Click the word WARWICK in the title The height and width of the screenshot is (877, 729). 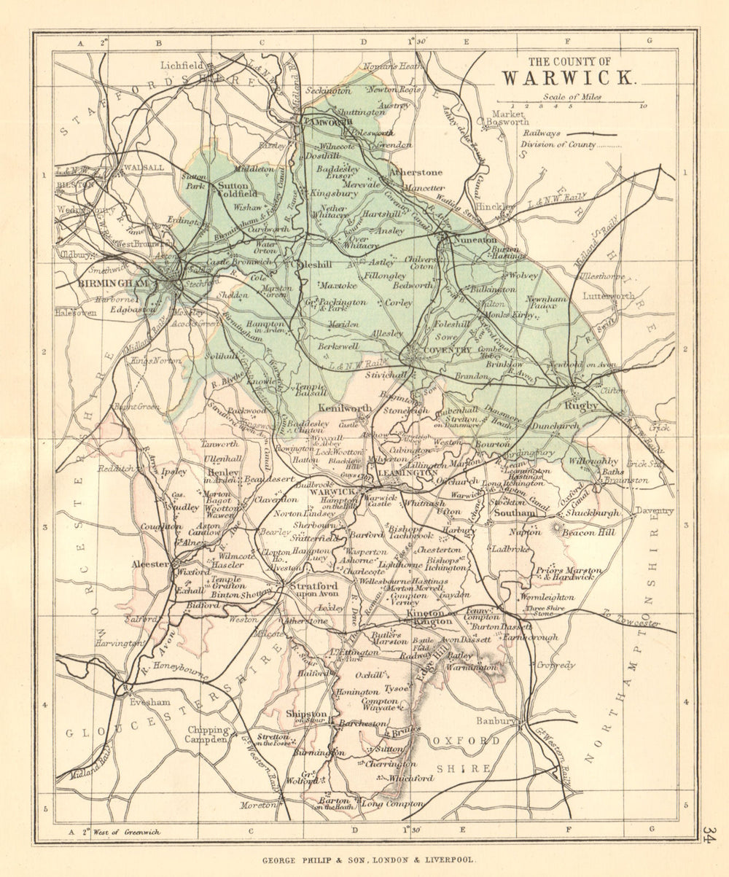tap(569, 77)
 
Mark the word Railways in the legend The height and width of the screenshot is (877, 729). tap(542, 133)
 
